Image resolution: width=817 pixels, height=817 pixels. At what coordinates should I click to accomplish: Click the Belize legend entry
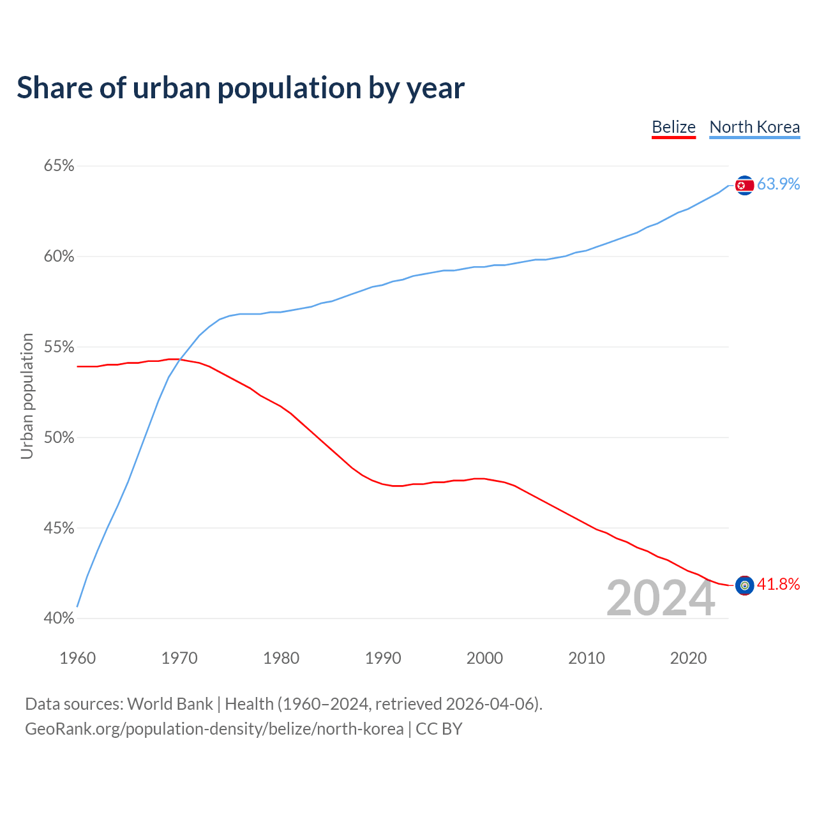(673, 127)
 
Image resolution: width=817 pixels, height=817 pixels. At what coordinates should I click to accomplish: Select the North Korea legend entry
(754, 127)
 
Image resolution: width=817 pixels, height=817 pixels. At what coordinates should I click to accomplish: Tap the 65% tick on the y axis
(59, 166)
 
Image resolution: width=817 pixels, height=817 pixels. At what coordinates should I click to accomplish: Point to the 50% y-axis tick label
(59, 438)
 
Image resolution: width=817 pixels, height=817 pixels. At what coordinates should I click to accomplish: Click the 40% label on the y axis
(59, 618)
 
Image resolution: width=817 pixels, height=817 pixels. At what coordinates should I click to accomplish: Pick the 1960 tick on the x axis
(77, 658)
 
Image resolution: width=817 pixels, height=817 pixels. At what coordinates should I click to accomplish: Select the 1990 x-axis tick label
(383, 658)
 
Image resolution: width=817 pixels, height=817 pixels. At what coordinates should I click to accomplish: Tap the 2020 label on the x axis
(688, 658)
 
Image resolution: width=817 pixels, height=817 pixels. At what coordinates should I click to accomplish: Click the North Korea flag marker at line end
(744, 185)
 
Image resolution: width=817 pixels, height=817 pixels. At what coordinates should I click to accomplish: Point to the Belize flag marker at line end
(744, 585)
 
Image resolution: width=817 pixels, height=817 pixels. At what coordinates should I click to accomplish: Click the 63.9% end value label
(778, 184)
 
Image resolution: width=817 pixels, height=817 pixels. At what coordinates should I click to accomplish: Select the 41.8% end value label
(778, 584)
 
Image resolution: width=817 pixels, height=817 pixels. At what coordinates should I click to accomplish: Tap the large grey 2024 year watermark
(660, 598)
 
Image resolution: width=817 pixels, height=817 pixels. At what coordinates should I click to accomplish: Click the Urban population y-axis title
(27, 396)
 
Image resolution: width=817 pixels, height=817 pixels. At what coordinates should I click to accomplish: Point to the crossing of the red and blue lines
(181, 360)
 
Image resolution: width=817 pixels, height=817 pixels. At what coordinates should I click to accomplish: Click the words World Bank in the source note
(170, 704)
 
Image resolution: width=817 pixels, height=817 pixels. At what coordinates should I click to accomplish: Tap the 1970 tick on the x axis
(179, 658)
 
